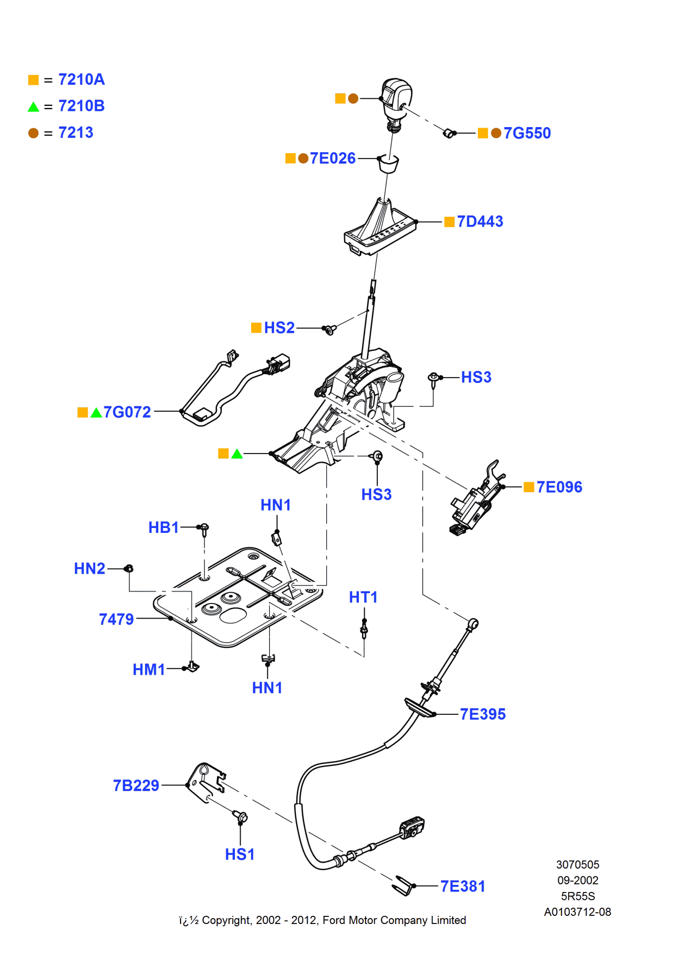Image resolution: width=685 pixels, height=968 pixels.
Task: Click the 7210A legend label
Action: (82, 80)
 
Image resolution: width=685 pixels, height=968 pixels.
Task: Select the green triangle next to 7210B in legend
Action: (33, 107)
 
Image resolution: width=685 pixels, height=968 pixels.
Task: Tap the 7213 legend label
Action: (76, 133)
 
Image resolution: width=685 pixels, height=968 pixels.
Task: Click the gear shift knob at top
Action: (396, 97)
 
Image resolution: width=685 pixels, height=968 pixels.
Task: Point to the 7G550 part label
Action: (527, 133)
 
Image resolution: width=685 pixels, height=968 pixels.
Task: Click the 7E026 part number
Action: (332, 158)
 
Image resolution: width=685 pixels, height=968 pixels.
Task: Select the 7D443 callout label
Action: (479, 222)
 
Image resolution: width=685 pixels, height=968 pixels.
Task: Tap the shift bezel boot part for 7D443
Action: (380, 228)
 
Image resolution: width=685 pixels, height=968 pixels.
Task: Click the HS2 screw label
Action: (279, 328)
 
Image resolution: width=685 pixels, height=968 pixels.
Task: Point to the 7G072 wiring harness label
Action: (127, 412)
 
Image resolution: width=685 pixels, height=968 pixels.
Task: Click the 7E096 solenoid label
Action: (559, 487)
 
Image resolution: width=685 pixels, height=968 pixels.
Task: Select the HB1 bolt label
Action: (163, 527)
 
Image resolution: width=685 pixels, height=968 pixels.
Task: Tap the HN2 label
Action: (90, 569)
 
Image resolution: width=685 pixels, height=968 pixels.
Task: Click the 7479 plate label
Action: (116, 619)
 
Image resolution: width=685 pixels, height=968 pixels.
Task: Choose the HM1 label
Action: (148, 670)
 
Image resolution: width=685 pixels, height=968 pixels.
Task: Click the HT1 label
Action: (363, 598)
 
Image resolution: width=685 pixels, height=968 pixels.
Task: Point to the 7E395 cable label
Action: (483, 714)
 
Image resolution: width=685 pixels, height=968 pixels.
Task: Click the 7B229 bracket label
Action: (136, 785)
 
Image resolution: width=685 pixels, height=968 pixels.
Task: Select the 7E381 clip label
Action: (463, 887)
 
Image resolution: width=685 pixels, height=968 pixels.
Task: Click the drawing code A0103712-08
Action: (577, 912)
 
